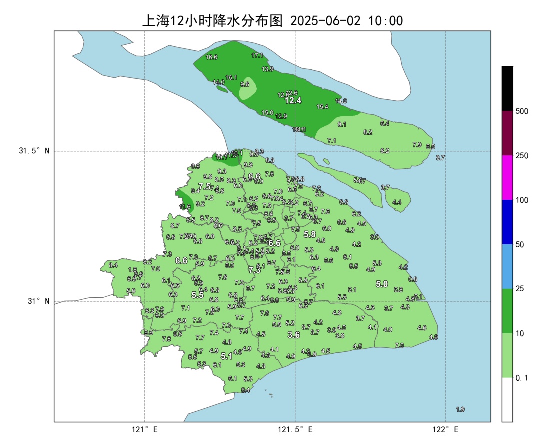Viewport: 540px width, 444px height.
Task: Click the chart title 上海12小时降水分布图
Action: [213, 20]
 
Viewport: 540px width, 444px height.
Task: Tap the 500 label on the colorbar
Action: [522, 111]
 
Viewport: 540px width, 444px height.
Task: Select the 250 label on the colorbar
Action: [522, 156]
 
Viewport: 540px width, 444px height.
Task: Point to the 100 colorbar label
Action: [522, 200]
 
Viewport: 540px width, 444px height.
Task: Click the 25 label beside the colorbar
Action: [520, 289]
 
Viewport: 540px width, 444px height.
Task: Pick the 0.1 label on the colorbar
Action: [522, 378]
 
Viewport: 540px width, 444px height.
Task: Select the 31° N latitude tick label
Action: [37, 302]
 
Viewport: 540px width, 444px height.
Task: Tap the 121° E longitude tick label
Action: [145, 429]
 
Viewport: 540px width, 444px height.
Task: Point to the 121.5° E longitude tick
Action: [295, 429]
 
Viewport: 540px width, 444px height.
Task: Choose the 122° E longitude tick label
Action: [446, 429]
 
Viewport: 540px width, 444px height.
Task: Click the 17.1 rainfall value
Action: [257, 55]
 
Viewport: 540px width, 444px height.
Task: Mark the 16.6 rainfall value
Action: [211, 57]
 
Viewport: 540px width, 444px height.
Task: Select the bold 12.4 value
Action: [293, 100]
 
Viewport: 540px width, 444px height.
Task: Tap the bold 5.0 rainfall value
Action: [382, 284]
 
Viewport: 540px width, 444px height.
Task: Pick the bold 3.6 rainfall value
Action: [294, 335]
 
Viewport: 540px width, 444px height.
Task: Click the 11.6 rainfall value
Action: [185, 207]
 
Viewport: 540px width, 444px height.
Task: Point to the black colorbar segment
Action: [507, 88]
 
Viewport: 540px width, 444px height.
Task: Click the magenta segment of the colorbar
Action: [507, 178]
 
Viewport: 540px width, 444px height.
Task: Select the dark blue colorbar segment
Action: [507, 222]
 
